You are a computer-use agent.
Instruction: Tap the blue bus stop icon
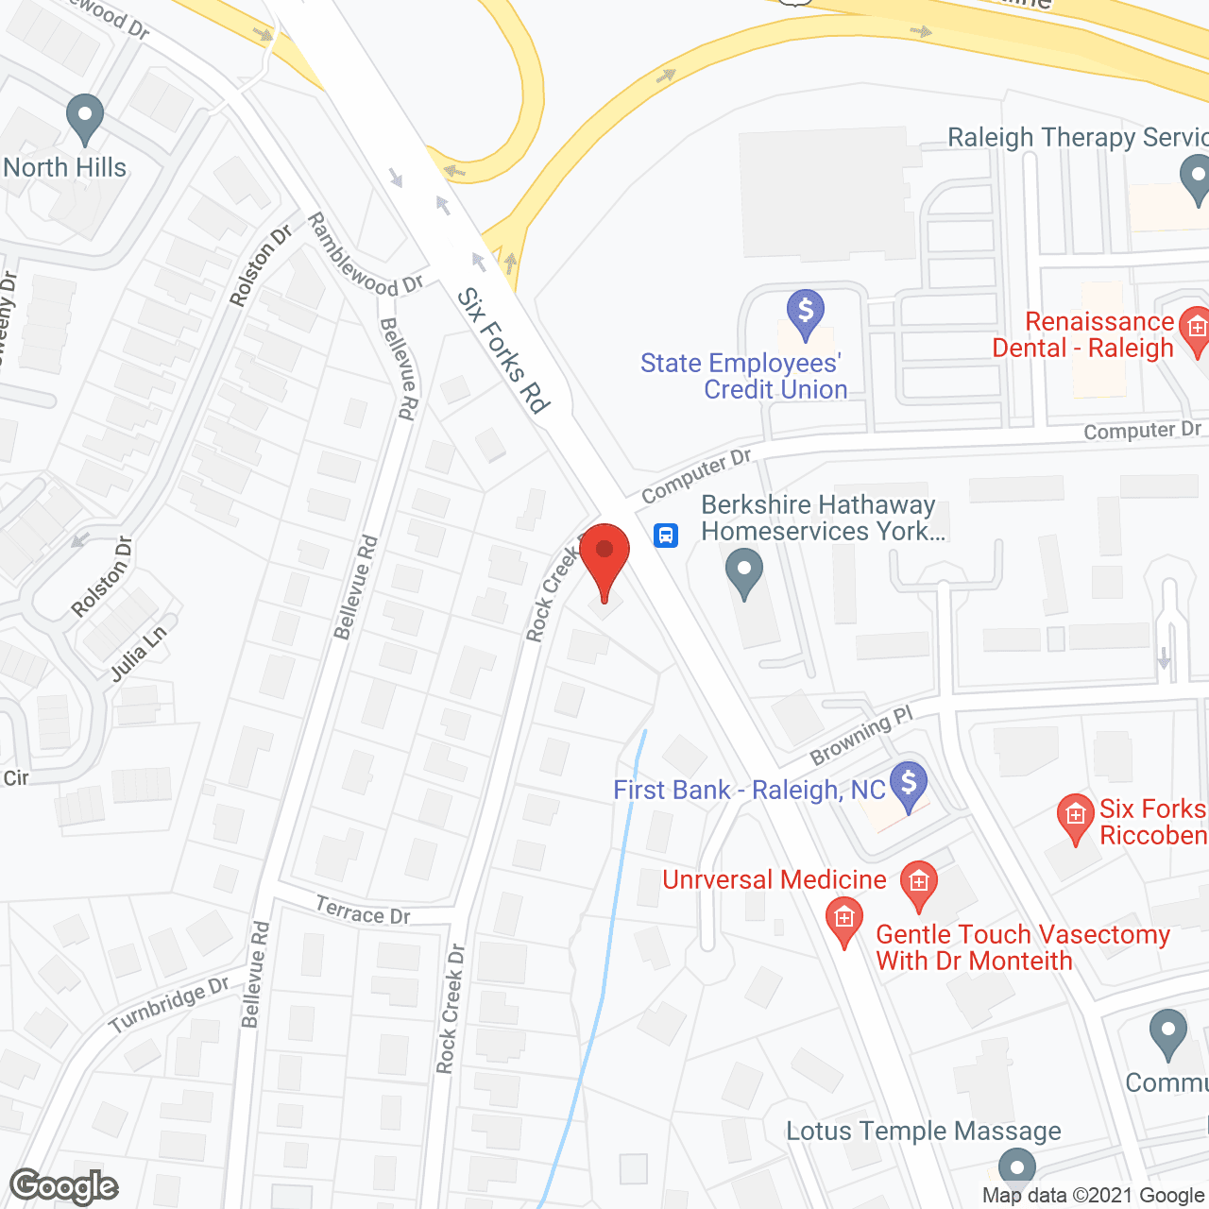point(666,536)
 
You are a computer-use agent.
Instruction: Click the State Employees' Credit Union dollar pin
point(806,313)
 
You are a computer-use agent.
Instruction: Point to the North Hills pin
point(85,119)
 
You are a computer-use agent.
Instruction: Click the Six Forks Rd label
point(503,350)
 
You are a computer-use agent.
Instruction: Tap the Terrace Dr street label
point(363,912)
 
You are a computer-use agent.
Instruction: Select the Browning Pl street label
point(861,736)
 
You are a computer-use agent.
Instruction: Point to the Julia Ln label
point(139,654)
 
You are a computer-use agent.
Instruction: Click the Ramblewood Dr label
point(366,254)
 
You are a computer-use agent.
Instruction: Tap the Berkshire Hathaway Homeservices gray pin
point(744,572)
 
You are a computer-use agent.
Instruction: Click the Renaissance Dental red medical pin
point(1197,331)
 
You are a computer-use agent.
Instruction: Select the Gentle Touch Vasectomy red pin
point(844,922)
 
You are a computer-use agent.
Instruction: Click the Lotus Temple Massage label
point(924,1131)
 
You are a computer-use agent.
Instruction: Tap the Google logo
point(64,1186)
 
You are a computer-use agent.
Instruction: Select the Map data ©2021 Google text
point(1094,1196)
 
